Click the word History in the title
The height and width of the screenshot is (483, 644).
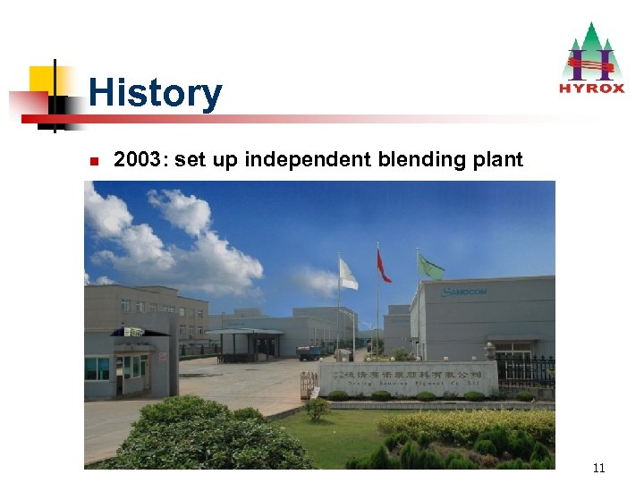(155, 93)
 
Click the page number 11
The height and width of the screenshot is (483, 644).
(598, 468)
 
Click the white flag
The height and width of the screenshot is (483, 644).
(347, 274)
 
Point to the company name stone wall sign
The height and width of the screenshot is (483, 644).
(407, 377)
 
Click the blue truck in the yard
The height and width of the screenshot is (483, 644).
(309, 352)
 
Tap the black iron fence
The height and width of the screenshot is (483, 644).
(525, 369)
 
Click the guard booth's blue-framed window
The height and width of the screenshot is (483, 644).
(97, 368)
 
